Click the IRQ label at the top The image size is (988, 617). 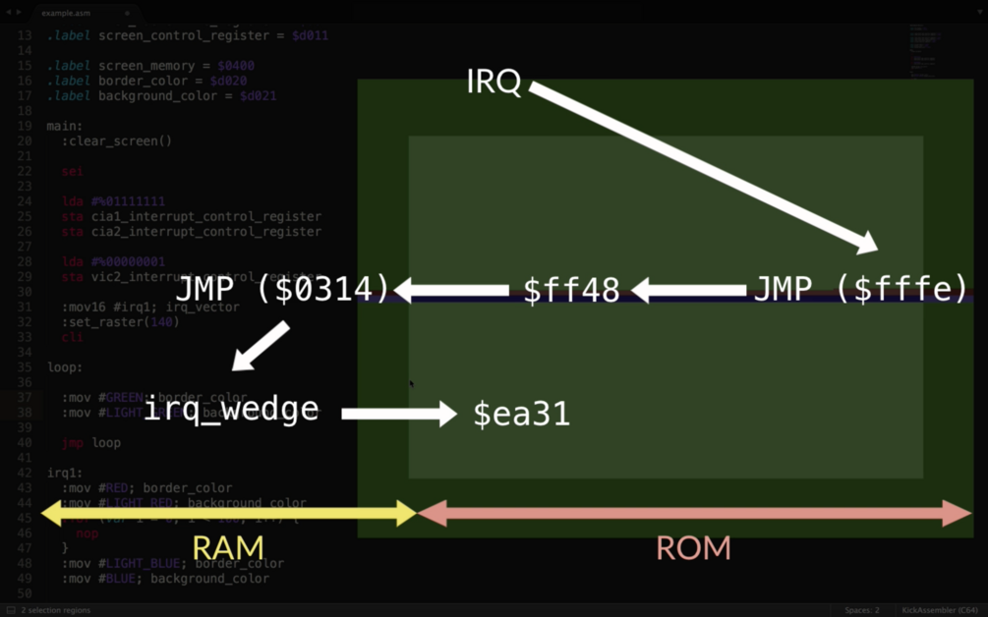click(494, 82)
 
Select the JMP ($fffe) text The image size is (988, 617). click(860, 290)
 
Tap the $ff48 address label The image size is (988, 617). click(571, 291)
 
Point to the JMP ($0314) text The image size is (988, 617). click(283, 290)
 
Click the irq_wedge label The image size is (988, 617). click(231, 409)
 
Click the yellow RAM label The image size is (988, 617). click(227, 548)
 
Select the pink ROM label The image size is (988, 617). click(693, 548)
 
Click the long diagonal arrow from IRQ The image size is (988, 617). click(703, 168)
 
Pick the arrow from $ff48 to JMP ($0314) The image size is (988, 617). click(452, 290)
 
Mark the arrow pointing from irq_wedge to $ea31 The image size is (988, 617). click(399, 414)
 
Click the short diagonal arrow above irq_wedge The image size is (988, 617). click(260, 346)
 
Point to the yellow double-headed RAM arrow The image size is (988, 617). click(228, 513)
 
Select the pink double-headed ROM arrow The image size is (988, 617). click(694, 513)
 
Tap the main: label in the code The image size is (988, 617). click(65, 126)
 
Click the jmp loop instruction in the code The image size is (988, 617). click(90, 442)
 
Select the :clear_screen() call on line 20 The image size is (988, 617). click(116, 140)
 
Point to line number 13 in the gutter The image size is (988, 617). click(25, 35)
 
